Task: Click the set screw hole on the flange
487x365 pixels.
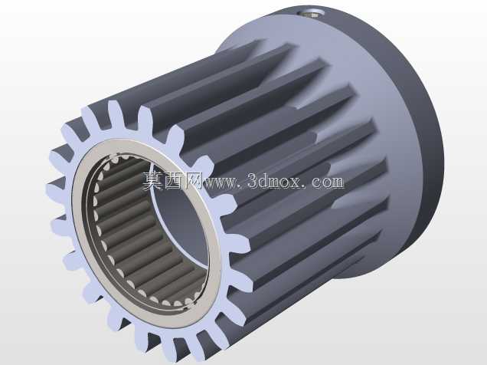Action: coord(312,13)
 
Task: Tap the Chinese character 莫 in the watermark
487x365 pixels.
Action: coord(153,180)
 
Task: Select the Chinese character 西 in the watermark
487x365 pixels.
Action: coord(174,180)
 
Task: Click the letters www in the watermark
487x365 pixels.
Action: coord(221,182)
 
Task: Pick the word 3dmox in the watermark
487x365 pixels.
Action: coord(274,180)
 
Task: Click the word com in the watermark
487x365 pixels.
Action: coord(328,182)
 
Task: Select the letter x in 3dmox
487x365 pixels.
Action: coord(295,182)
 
